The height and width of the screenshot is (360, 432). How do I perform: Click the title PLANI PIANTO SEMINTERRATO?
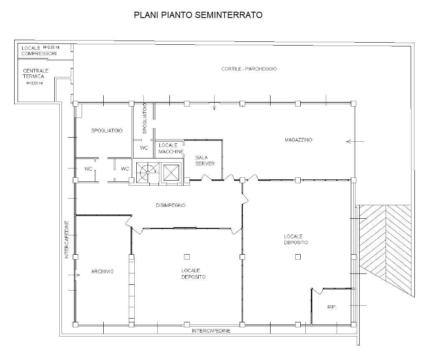click(x=198, y=15)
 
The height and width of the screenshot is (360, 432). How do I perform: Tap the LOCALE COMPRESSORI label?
click(x=39, y=51)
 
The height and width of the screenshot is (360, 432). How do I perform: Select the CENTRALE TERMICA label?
click(x=36, y=74)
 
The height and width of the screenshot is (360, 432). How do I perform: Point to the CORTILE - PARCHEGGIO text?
click(x=249, y=69)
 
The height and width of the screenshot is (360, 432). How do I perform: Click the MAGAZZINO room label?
click(x=299, y=140)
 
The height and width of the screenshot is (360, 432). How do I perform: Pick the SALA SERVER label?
click(x=205, y=161)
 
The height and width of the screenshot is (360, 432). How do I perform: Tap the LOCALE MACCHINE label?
click(x=171, y=148)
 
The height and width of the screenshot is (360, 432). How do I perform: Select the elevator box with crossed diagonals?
click(x=171, y=172)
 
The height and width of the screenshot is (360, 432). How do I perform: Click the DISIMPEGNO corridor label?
click(x=170, y=205)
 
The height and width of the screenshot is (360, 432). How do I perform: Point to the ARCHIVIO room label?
click(x=102, y=272)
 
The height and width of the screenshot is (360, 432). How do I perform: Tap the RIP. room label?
click(x=332, y=307)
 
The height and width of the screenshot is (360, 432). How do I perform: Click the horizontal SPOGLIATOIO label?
click(x=107, y=131)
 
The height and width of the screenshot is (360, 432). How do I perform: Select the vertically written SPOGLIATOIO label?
click(x=145, y=118)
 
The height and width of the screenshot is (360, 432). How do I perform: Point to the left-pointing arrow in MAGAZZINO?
click(x=355, y=142)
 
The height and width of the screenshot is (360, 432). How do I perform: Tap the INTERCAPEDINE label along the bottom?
click(x=211, y=331)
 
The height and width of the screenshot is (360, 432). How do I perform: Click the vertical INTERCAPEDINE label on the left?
click(x=66, y=240)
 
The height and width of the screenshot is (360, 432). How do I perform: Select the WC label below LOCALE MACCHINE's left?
click(x=144, y=148)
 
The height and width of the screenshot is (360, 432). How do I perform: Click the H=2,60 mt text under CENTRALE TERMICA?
click(x=34, y=83)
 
